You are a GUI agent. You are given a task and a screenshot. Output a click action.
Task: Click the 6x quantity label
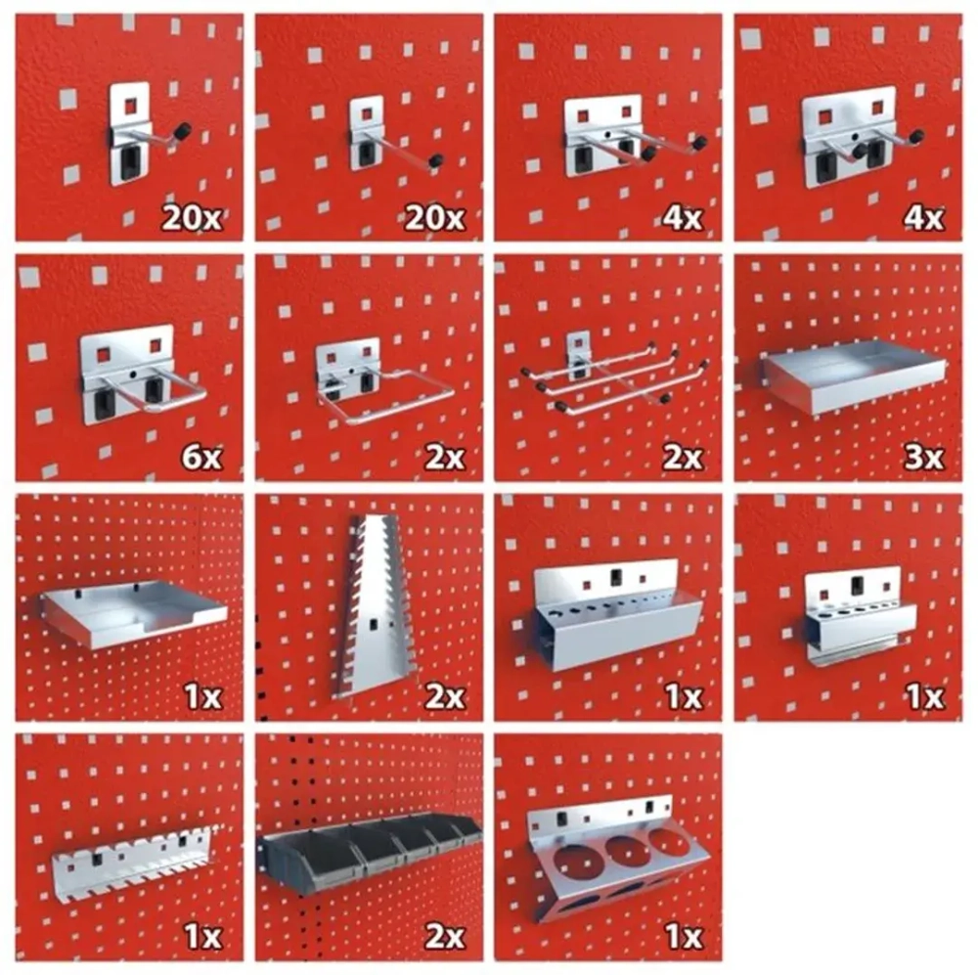(201, 458)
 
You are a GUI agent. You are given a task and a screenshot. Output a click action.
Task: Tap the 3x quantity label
(924, 458)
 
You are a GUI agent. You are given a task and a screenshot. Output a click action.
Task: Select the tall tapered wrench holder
(372, 606)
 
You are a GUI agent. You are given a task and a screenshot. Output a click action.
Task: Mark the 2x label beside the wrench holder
(445, 697)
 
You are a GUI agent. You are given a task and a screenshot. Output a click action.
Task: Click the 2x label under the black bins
(445, 936)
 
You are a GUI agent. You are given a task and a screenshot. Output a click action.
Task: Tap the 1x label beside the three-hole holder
(685, 936)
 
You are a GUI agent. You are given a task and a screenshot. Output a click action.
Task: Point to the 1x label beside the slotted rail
(202, 936)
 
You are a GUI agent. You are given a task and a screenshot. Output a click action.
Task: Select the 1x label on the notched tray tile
(202, 697)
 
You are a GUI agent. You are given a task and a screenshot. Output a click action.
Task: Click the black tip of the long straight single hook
(435, 161)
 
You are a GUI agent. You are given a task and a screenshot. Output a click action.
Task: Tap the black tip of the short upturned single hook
(184, 131)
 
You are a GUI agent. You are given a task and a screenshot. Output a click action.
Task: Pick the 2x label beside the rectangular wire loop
(445, 458)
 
